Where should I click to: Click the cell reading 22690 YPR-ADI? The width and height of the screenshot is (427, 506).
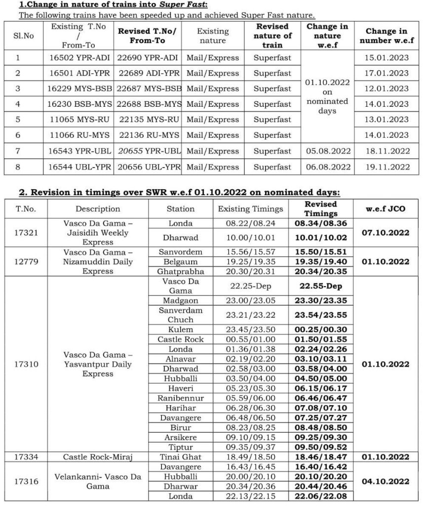pos(148,58)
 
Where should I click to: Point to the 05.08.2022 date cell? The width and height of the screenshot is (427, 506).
pos(327,151)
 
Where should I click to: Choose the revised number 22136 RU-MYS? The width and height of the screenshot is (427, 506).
pos(148,135)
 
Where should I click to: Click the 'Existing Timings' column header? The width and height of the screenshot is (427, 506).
pos(250,209)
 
